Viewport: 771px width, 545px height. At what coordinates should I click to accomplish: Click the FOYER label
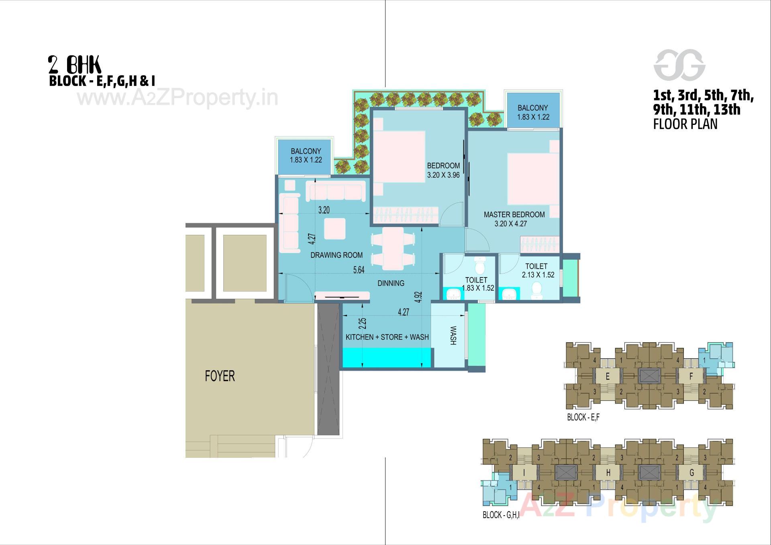point(220,376)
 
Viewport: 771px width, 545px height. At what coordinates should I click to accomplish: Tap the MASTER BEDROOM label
point(514,214)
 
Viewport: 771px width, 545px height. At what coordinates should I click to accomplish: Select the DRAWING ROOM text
point(337,255)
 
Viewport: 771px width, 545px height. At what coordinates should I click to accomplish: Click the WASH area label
point(453,335)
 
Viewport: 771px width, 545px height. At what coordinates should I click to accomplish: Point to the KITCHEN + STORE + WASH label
point(387,337)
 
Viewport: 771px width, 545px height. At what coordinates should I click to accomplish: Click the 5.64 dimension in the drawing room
point(359,270)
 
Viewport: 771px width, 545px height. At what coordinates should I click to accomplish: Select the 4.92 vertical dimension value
point(418,297)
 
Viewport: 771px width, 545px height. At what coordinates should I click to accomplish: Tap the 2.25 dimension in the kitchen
point(362,324)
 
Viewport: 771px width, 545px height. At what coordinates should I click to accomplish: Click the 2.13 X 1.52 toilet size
point(538,275)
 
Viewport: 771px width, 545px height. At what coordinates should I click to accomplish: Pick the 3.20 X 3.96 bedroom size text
point(443,175)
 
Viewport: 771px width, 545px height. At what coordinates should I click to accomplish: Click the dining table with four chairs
point(393,249)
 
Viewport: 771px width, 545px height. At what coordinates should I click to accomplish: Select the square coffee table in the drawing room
point(335,229)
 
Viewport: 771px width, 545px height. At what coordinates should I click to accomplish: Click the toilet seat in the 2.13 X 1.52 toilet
point(536,290)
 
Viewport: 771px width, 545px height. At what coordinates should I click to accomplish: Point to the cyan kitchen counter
point(387,357)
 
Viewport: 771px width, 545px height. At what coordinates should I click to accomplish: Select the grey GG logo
point(679,65)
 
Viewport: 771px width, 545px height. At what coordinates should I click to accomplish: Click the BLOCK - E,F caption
point(583,417)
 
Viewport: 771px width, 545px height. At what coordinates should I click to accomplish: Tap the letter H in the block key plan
point(608,473)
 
